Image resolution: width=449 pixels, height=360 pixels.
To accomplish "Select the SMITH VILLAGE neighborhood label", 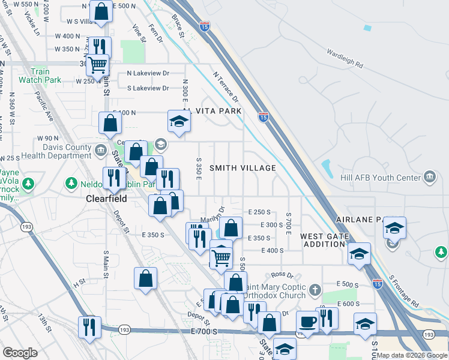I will pos(243,169).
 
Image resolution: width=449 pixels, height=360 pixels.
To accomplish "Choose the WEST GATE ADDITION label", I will pos(325,240).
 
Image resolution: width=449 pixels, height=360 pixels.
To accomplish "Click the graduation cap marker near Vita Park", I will pos(178,121).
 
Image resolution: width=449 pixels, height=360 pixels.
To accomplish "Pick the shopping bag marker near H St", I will pos(146,278).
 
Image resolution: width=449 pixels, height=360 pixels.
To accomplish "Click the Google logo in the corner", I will pos(20,353).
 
